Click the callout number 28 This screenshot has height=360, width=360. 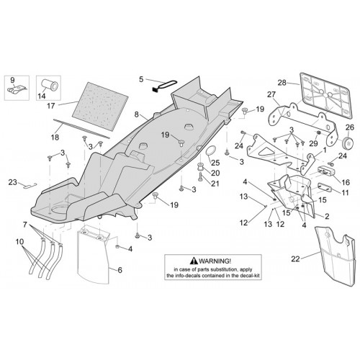pyautogui.click(x=282, y=83)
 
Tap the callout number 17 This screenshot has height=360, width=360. pyautogui.click(x=51, y=106)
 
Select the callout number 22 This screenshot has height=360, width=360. pyautogui.click(x=295, y=259)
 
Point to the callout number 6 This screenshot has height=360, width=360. pyautogui.click(x=120, y=270)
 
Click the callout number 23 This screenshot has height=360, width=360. pyautogui.click(x=12, y=182)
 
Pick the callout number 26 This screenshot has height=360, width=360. pyautogui.click(x=350, y=127)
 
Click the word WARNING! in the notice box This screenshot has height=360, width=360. pyautogui.click(x=215, y=261)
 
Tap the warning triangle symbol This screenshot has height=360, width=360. pyautogui.click(x=194, y=261)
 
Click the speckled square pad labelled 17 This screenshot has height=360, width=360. pyautogui.click(x=100, y=106)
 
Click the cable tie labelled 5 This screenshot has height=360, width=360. pyautogui.click(x=166, y=86)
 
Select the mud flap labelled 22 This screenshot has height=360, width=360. pyautogui.click(x=335, y=256)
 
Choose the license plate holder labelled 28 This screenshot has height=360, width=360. pyautogui.click(x=325, y=96)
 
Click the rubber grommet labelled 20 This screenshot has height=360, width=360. pyautogui.click(x=199, y=167)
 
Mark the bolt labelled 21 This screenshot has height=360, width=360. pyautogui.click(x=200, y=178)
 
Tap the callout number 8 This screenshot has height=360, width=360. pyautogui.click(x=137, y=114)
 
